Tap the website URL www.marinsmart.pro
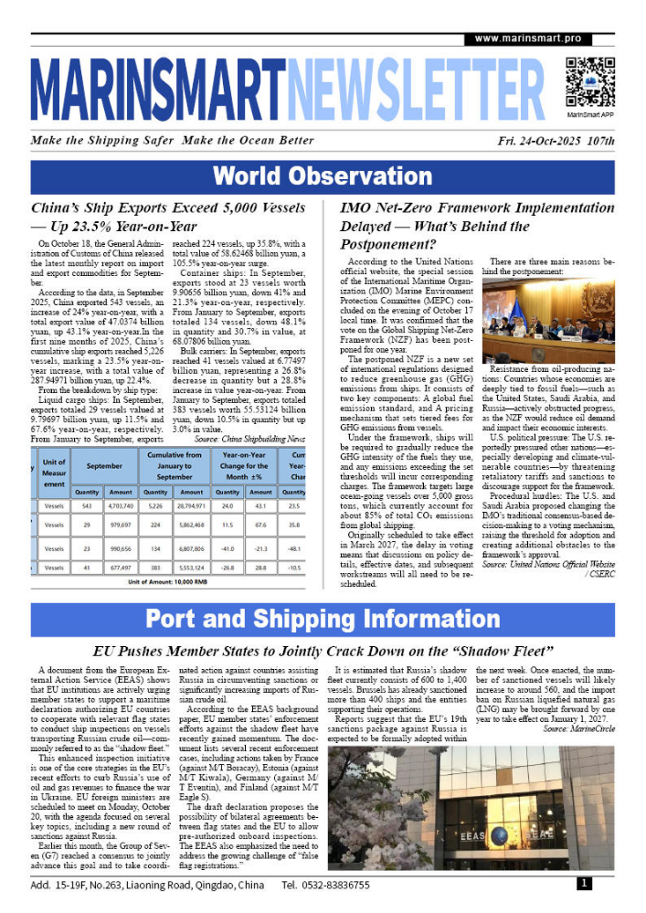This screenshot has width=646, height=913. coord(528,39)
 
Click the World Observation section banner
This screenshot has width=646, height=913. coord(323,176)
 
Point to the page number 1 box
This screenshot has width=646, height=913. coord(584,884)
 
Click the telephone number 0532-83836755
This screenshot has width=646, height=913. coord(326,886)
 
